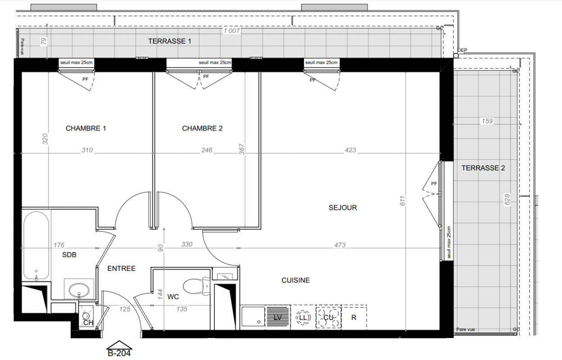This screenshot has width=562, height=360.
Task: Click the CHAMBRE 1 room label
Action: (86, 128)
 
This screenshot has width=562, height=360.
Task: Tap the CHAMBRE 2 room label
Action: (202, 128)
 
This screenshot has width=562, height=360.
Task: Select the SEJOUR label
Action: (343, 207)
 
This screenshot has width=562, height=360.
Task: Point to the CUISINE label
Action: (295, 280)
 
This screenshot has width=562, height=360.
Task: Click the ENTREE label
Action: (122, 269)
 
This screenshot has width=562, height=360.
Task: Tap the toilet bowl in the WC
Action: (196, 286)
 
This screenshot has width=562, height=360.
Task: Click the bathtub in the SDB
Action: (36, 246)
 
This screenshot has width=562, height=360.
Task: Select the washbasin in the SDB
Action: (79, 290)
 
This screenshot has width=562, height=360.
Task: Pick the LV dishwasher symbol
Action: (278, 317)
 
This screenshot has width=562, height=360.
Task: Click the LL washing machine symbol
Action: (303, 318)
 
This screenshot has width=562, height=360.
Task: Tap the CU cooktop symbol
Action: (328, 318)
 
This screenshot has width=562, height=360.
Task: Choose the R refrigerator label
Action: (354, 318)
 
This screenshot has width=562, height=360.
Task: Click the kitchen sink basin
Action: (253, 316)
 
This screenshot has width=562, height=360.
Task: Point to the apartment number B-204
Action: (119, 353)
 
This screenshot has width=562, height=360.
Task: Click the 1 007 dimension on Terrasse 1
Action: (231, 31)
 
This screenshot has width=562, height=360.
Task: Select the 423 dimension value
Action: (350, 150)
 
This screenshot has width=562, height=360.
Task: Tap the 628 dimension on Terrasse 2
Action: (507, 199)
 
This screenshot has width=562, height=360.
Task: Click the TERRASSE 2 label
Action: (483, 168)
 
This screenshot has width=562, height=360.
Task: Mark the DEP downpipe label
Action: (462, 50)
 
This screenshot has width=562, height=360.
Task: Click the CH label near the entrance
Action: (88, 323)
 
